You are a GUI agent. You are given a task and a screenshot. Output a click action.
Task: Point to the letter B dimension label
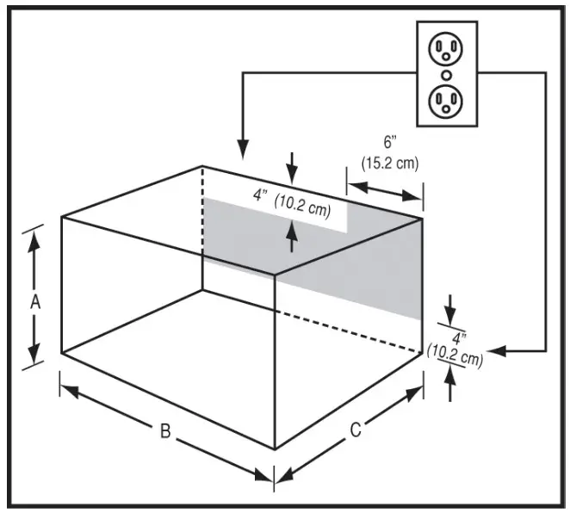tap(164, 431)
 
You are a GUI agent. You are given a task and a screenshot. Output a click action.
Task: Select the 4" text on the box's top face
tap(262, 195)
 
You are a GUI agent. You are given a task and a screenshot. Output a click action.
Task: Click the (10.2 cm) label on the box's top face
tap(303, 207)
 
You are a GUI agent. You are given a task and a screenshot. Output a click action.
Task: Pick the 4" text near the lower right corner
tap(458, 338)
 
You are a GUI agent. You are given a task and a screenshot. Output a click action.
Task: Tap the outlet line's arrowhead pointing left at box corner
tap(500, 351)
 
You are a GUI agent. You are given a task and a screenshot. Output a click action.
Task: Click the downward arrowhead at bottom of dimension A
tap(35, 355)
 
